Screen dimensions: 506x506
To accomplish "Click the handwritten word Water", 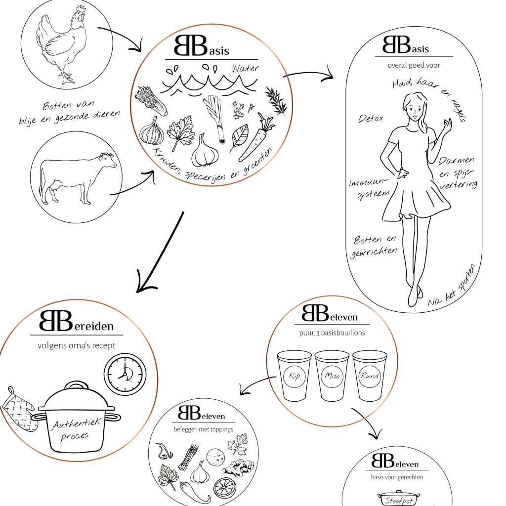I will pyautogui.click(x=244, y=68).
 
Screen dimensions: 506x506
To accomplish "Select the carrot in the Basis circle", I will pyautogui.click(x=256, y=138).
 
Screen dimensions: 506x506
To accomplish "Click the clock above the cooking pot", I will pyautogui.click(x=125, y=374).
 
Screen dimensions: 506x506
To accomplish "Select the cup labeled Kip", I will pyautogui.click(x=294, y=376).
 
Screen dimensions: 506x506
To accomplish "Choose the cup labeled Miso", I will pyautogui.click(x=332, y=376).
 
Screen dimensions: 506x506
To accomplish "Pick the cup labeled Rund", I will pyautogui.click(x=370, y=376).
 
